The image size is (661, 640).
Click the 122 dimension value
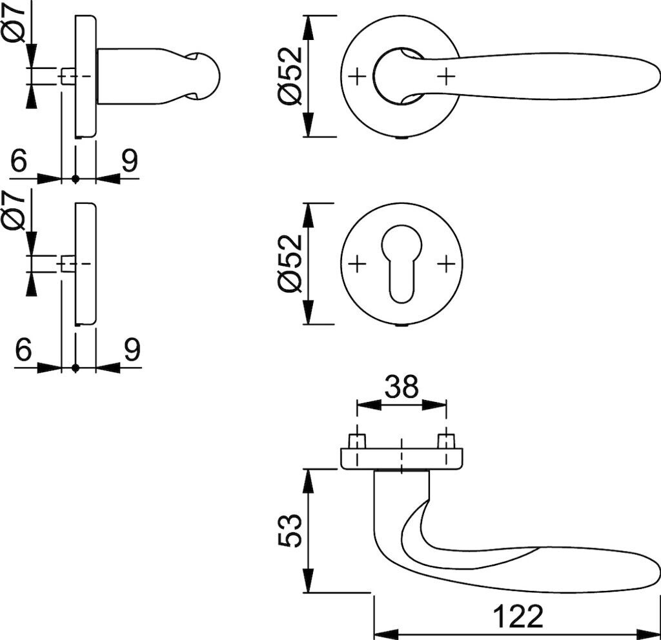coord(518,616)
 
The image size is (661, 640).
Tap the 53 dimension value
coord(291,530)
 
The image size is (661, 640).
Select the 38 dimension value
coord(402,387)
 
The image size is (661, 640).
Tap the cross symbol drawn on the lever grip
coord(446,77)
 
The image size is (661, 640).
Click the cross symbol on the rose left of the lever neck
coord(356,77)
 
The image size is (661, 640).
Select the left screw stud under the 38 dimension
coord(356,442)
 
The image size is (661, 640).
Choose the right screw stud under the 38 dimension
coord(446,442)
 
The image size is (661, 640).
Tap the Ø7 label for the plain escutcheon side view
coord(15,210)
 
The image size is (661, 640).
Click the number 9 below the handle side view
coord(130,161)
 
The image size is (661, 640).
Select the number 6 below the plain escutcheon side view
coord(23,350)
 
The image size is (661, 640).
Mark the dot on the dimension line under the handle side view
coord(76,178)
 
